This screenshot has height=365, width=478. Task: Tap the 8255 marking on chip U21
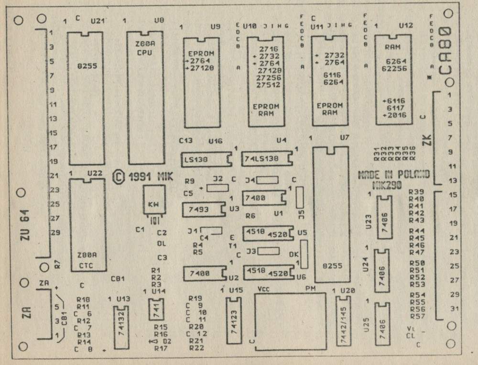86,66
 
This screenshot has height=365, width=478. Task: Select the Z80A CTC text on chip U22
87,259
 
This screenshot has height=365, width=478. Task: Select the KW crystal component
153,204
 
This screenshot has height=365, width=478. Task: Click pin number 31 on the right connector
455,309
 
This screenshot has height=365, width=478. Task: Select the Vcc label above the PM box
264,289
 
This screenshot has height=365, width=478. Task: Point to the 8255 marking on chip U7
331,266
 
